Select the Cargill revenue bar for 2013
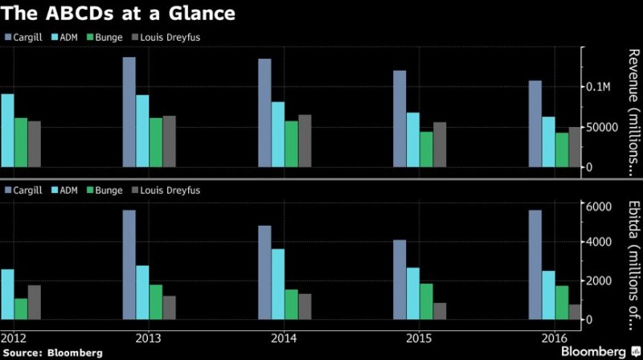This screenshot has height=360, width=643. (129, 112)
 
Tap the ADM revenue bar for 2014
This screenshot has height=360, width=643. (277, 134)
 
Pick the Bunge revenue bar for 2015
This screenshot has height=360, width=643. (426, 149)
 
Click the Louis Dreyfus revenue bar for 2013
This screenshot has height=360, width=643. (169, 141)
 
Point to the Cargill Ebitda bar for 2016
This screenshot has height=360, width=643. (534, 264)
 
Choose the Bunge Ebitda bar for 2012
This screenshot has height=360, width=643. (21, 309)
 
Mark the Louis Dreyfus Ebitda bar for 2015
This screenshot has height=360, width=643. (439, 311)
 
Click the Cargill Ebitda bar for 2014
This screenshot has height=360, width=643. (264, 272)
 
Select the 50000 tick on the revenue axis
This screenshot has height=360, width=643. (600, 127)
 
